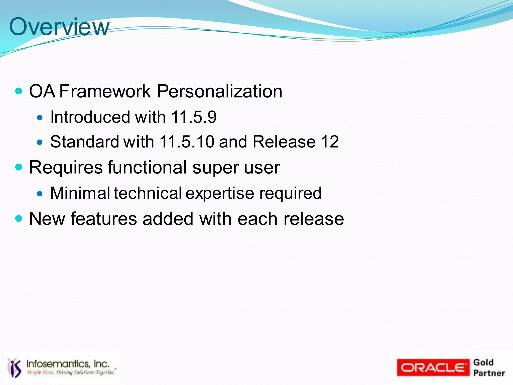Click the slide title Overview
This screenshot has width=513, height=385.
(x=59, y=27)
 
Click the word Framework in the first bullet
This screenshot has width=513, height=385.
(x=105, y=91)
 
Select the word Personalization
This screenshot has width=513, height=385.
(x=219, y=91)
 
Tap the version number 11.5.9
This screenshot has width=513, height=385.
(x=194, y=117)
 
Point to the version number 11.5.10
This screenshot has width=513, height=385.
(x=187, y=142)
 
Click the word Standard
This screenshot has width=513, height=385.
(x=84, y=142)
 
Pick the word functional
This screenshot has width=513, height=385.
(x=147, y=167)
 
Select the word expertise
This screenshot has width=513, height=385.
(x=220, y=194)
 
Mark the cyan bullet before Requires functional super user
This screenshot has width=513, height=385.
(x=19, y=167)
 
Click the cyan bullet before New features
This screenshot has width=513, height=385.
(x=19, y=218)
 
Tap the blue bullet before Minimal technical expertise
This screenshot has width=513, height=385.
(x=40, y=193)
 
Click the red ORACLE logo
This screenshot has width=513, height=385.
(x=433, y=367)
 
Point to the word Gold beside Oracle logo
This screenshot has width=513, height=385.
(x=483, y=362)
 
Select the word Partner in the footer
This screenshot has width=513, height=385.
(x=489, y=373)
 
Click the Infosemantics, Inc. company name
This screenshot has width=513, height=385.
(x=68, y=364)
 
